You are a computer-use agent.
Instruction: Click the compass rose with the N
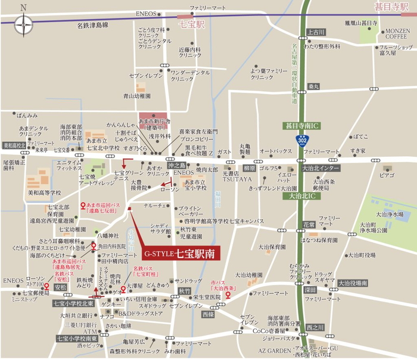pos(23,25)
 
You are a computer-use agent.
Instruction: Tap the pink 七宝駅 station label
pos(192,25)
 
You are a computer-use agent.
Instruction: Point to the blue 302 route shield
pos(303,139)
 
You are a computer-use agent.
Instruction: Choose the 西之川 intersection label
pos(315,327)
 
